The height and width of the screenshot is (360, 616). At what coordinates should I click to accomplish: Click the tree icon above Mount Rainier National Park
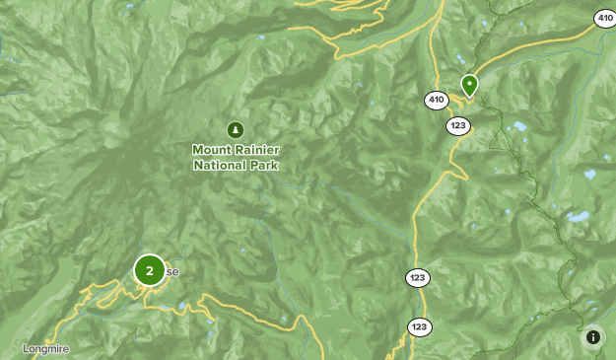pyautogui.click(x=235, y=129)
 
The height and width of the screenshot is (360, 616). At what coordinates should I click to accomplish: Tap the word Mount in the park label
pyautogui.click(x=212, y=149)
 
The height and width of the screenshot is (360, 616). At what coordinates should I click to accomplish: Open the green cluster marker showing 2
pyautogui.click(x=149, y=269)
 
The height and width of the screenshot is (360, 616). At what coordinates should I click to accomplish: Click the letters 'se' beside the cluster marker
pyautogui.click(x=172, y=271)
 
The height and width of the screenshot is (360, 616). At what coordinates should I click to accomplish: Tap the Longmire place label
pyautogui.click(x=46, y=349)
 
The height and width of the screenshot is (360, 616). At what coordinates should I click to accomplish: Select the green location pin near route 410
pyautogui.click(x=469, y=85)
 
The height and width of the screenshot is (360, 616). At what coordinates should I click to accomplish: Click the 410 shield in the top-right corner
pyautogui.click(x=603, y=18)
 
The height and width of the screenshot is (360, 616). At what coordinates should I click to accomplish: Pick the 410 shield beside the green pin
pyautogui.click(x=437, y=100)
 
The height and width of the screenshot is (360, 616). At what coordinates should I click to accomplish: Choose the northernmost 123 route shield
pyautogui.click(x=457, y=125)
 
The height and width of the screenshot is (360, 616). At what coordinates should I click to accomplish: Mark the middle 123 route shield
pyautogui.click(x=415, y=279)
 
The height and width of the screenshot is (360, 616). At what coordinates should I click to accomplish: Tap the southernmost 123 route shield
pyautogui.click(x=420, y=326)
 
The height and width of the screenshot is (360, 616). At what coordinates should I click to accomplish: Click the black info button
pyautogui.click(x=593, y=337)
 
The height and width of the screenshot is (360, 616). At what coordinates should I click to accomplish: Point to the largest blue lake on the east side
pyautogui.click(x=577, y=217)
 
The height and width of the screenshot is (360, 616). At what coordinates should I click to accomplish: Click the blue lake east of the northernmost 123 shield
pyautogui.click(x=516, y=126)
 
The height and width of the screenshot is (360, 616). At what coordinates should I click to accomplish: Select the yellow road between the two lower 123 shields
pyautogui.click(x=415, y=303)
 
